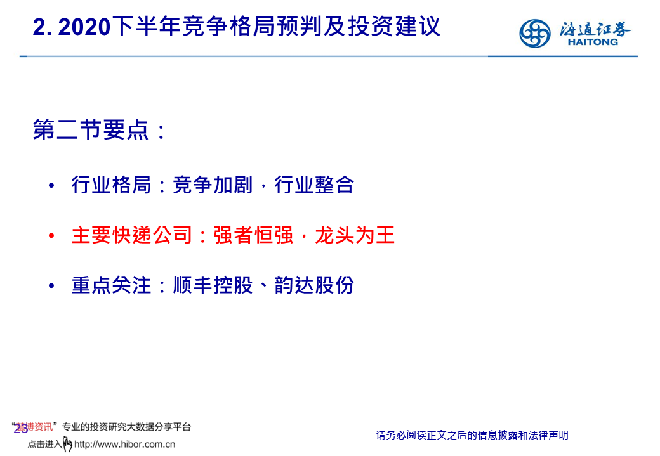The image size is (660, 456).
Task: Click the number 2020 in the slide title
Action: [84, 27]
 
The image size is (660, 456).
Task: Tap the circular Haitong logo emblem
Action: [534, 33]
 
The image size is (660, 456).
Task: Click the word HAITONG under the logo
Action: [593, 42]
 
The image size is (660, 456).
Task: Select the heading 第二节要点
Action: [91, 129]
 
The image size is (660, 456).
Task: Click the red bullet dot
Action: [51, 235]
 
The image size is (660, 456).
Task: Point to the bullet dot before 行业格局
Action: [51, 185]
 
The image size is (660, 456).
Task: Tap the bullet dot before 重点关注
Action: [51, 285]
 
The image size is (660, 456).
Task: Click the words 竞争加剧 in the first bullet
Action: [213, 185]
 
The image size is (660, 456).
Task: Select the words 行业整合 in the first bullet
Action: [314, 185]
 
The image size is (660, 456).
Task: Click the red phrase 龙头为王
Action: [355, 235]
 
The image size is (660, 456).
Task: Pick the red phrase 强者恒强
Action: [253, 235]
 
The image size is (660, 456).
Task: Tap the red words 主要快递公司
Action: [132, 235]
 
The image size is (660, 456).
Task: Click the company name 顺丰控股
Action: [213, 285]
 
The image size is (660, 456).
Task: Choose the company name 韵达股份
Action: [314, 285]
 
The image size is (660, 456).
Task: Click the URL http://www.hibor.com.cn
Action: [124, 445]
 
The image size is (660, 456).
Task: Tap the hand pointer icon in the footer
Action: [67, 444]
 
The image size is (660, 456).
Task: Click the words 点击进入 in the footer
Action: [44, 445]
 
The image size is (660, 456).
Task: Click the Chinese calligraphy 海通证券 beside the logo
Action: [595, 29]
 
